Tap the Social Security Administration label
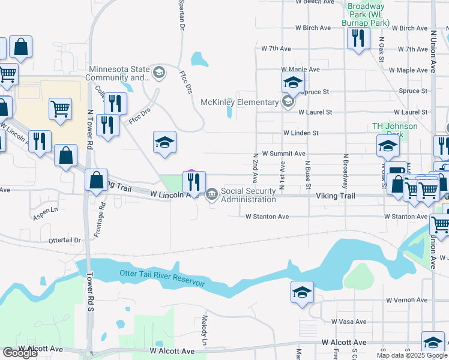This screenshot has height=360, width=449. tap(248, 195)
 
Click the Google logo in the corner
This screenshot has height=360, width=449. tap(20, 353)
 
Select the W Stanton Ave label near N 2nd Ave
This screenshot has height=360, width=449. tap(267, 217)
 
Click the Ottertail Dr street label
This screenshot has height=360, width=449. tap(65, 241)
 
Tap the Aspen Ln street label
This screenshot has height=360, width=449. tap(46, 209)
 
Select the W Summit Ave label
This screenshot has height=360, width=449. tap(284, 154)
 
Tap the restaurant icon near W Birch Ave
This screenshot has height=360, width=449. tap(357, 38)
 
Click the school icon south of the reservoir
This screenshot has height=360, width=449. tap(302, 292)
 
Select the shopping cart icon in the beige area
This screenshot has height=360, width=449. tap(60, 109)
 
